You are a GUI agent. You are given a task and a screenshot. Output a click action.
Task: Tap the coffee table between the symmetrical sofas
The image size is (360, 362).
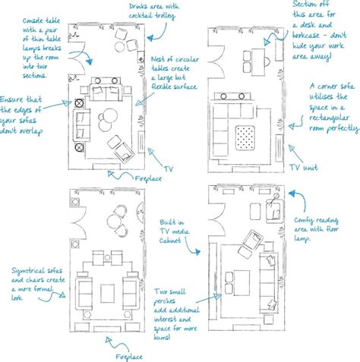(109, 291)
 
